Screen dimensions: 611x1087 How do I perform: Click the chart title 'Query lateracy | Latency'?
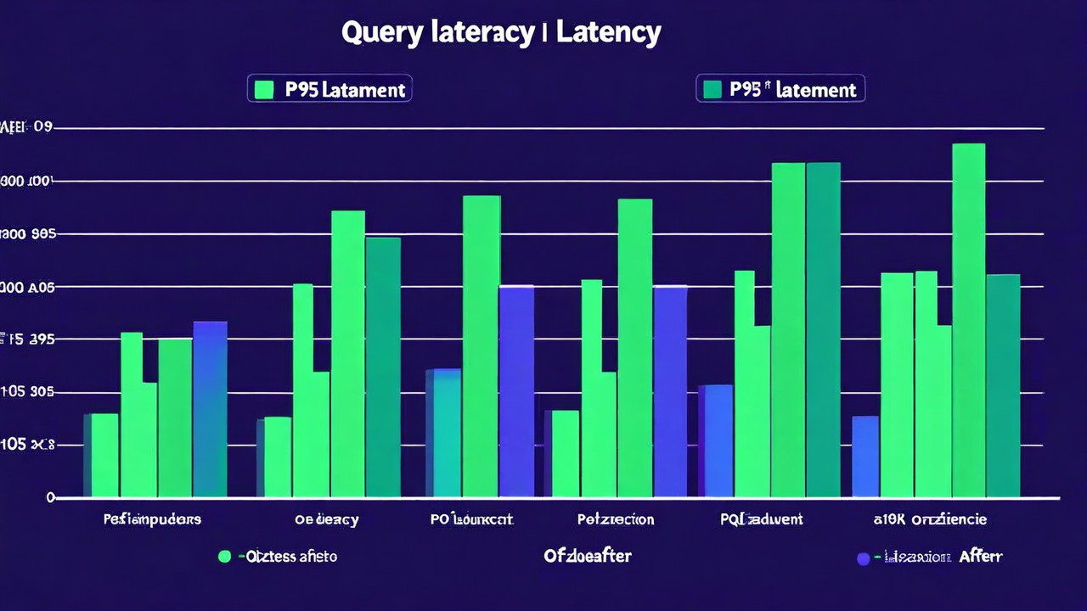[501, 33]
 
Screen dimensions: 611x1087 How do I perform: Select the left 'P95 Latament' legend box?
[329, 88]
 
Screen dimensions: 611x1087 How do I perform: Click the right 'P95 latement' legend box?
[780, 88]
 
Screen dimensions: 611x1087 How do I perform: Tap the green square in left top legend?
[264, 89]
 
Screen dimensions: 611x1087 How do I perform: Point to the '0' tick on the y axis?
[51, 497]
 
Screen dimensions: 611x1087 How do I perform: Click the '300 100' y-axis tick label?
[27, 181]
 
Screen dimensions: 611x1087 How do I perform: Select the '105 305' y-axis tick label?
[27, 392]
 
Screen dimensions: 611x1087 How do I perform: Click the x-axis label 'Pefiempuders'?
[152, 519]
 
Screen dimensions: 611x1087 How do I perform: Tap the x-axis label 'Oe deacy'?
[326, 519]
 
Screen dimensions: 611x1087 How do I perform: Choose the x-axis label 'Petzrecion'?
[615, 519]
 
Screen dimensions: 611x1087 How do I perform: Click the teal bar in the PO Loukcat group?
[442, 433]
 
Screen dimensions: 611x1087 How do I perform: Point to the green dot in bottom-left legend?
[224, 557]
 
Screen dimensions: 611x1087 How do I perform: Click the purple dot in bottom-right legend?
[864, 558]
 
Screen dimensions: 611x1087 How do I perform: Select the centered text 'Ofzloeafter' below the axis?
[587, 556]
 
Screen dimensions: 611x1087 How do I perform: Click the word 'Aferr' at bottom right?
[981, 557]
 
